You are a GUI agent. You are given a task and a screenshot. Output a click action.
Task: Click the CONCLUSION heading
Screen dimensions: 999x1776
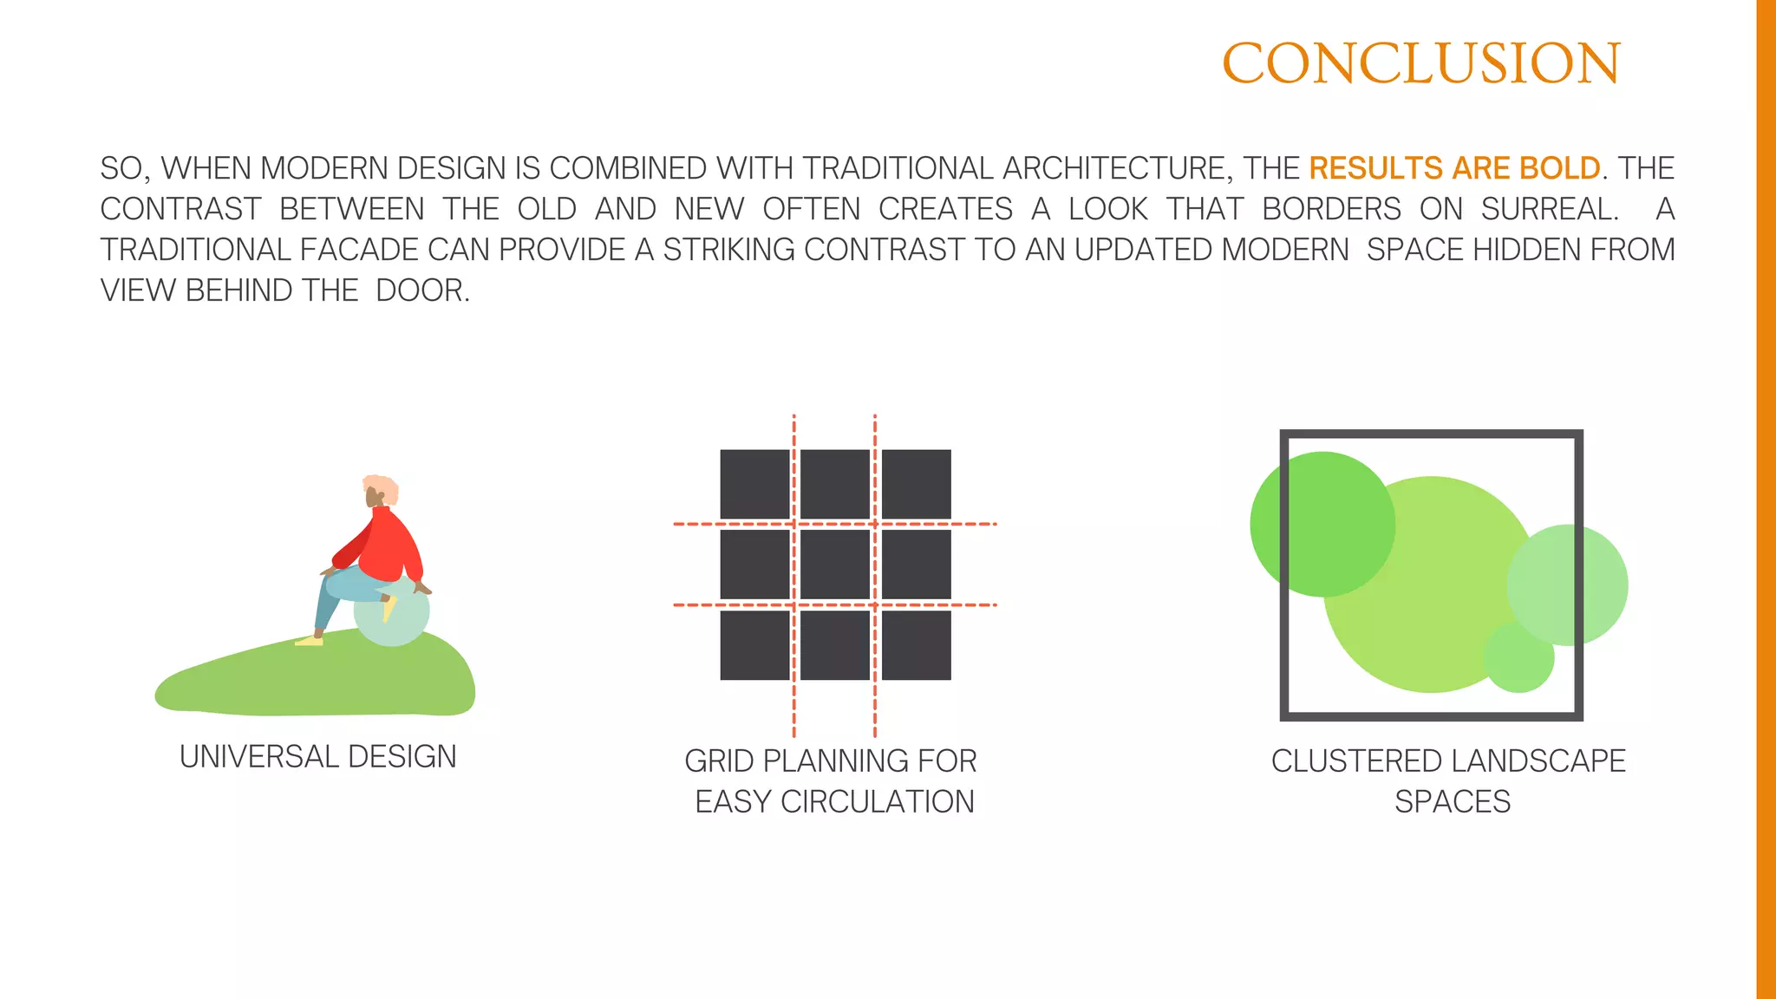(x=1420, y=63)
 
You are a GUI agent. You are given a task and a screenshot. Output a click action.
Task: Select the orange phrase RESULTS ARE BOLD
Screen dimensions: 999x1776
(x=1454, y=168)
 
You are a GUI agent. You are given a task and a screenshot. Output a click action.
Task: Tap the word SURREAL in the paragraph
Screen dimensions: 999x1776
(x=1549, y=209)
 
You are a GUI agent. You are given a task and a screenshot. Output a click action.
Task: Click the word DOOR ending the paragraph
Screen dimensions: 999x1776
(x=420, y=291)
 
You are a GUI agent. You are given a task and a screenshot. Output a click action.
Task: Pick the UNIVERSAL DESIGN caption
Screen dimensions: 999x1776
(x=317, y=757)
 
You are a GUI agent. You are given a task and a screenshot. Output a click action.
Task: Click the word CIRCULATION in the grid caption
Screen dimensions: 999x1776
(x=878, y=802)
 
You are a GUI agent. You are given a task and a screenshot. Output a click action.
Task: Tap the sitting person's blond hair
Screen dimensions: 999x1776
(x=382, y=487)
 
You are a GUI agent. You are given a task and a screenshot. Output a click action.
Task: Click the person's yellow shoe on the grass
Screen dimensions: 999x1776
(x=308, y=641)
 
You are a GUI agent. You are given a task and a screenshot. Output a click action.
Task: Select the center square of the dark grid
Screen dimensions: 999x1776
(x=834, y=565)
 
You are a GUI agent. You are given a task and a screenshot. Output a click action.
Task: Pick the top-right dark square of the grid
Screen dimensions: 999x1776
(x=916, y=484)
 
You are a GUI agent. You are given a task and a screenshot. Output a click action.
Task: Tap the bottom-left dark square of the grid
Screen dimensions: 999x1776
(x=754, y=645)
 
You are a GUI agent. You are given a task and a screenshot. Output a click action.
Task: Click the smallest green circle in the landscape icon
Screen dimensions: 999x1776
(x=1518, y=657)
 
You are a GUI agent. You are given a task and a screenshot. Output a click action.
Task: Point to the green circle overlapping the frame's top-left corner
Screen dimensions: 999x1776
(x=1322, y=524)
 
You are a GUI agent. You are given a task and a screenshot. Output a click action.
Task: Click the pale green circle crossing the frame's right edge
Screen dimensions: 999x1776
(x=1568, y=584)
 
